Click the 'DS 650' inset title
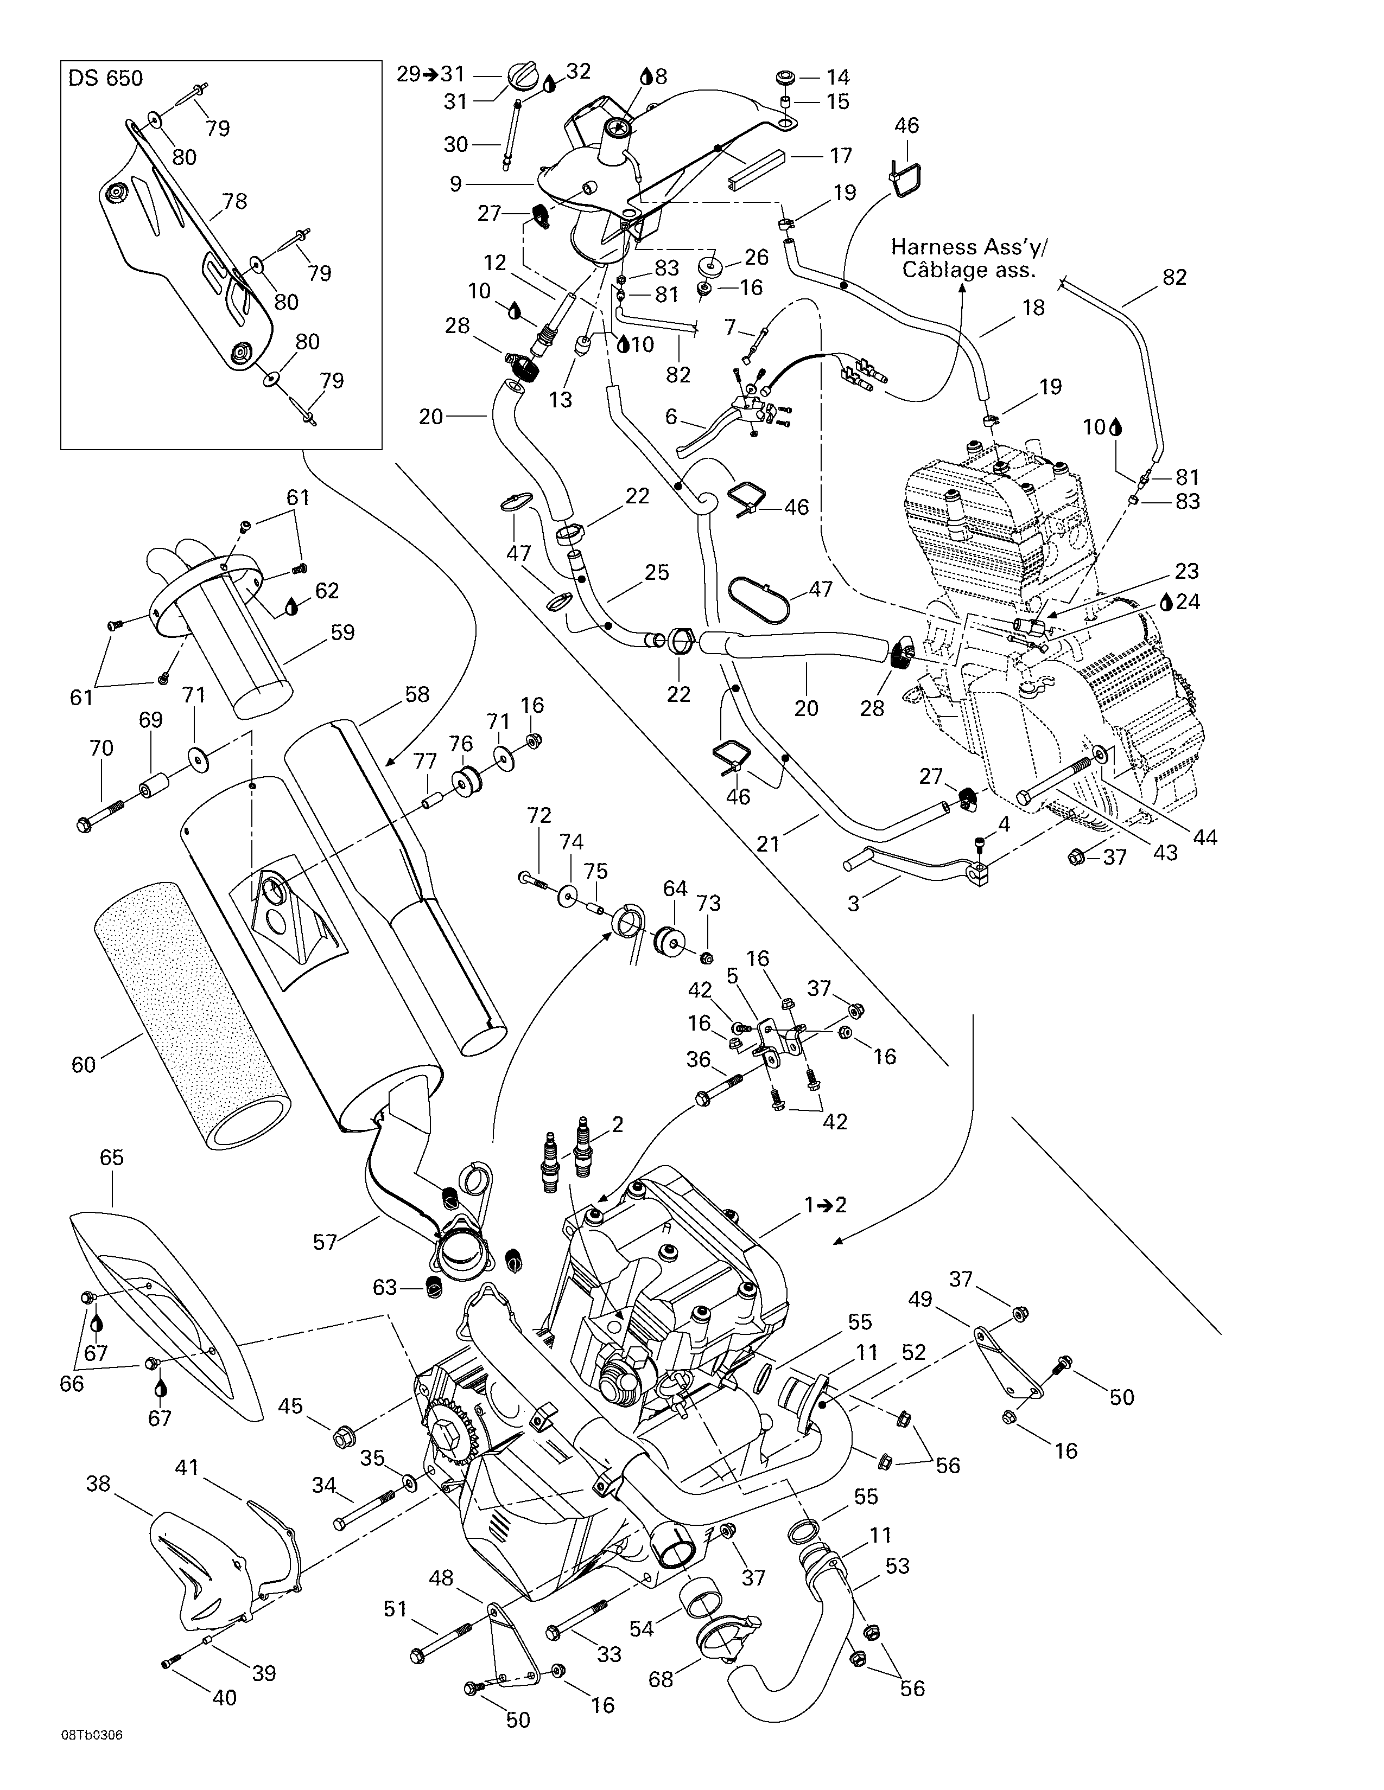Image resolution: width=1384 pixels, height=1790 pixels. (x=105, y=78)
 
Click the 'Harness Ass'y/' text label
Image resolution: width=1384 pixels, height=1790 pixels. (x=969, y=247)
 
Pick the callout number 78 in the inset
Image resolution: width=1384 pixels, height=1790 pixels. (x=234, y=201)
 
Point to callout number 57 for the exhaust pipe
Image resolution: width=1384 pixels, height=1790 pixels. (x=325, y=1242)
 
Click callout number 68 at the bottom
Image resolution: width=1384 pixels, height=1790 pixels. (x=661, y=1679)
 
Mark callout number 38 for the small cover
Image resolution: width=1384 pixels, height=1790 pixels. (x=98, y=1484)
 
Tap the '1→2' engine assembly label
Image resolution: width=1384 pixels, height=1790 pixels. (x=825, y=1205)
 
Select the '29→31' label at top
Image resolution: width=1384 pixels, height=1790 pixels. (x=430, y=74)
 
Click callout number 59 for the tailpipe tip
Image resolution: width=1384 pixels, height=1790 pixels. (x=342, y=632)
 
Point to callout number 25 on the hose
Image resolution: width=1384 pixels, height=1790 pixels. (x=657, y=572)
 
